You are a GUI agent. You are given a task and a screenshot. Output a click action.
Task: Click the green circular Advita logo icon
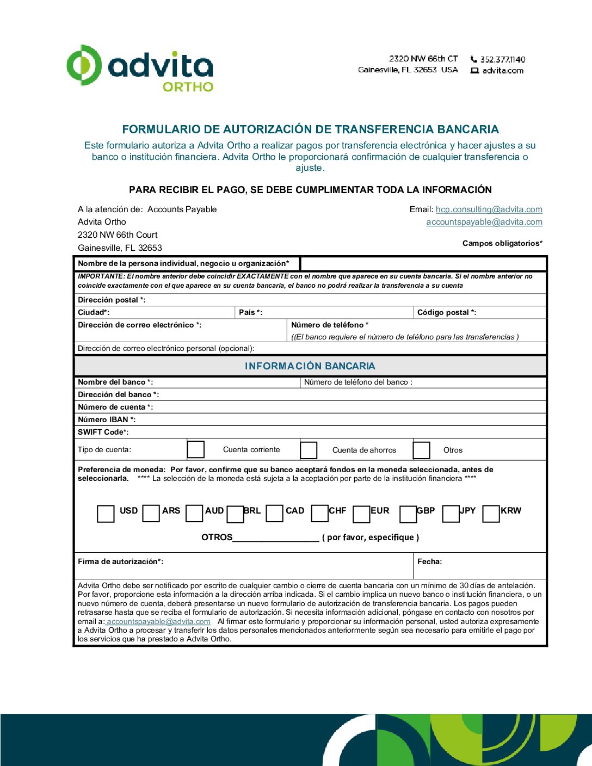pyautogui.click(x=84, y=65)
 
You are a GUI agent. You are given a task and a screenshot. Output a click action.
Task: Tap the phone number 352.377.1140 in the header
pyautogui.click(x=502, y=59)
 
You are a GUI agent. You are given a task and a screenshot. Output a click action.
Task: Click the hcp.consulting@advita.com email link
pyautogui.click(x=489, y=209)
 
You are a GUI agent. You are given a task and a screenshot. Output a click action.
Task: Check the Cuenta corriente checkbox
pyautogui.click(x=196, y=450)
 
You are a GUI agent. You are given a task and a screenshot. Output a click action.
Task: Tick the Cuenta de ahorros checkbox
pyautogui.click(x=309, y=450)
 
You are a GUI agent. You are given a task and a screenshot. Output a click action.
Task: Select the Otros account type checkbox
pyautogui.click(x=422, y=450)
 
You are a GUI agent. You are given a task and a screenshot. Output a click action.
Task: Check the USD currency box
pyautogui.click(x=106, y=514)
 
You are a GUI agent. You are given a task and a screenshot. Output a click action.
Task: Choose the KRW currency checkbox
pyautogui.click(x=491, y=514)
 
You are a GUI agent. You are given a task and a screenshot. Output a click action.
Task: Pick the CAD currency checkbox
pyautogui.click(x=275, y=514)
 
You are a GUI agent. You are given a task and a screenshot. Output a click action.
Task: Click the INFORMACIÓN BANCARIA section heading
pyautogui.click(x=310, y=366)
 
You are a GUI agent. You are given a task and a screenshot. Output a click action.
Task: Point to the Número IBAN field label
pyautogui.click(x=107, y=419)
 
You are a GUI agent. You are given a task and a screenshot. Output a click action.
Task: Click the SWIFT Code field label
pyautogui.click(x=103, y=432)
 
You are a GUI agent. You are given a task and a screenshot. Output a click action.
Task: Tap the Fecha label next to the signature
pyautogui.click(x=429, y=561)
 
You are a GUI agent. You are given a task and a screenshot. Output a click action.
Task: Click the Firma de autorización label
pyautogui.click(x=120, y=561)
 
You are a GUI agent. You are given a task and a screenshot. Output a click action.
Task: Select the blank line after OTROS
pyautogui.click(x=276, y=538)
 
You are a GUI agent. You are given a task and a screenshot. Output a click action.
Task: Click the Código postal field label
pyautogui.click(x=446, y=312)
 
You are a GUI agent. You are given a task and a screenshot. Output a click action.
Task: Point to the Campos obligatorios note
pyautogui.click(x=502, y=243)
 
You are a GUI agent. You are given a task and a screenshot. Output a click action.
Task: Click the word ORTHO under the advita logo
pyautogui.click(x=188, y=87)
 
